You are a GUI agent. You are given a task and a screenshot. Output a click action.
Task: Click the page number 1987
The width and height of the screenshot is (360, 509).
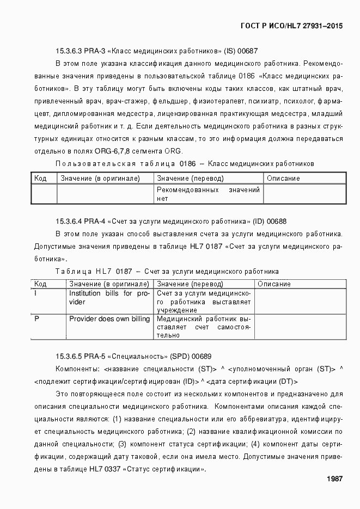334,479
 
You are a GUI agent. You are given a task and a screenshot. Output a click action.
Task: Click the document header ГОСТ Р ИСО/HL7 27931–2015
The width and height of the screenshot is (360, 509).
291,26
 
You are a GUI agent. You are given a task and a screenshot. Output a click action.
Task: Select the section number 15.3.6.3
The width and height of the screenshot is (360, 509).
69,51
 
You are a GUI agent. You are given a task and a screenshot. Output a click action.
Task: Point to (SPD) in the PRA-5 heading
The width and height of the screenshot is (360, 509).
181,356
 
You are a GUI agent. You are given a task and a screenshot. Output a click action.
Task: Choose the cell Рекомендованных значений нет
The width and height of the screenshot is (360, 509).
208,194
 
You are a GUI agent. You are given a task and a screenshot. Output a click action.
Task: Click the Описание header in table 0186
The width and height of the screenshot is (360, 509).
283,179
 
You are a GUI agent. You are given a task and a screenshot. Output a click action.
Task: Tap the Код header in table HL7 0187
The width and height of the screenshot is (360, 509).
40,284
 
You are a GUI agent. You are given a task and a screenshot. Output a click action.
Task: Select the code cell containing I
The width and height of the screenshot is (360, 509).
36,293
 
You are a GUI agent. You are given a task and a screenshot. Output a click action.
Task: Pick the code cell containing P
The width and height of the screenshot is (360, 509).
36,319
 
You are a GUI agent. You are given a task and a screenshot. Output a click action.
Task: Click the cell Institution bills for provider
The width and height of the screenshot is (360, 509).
109,298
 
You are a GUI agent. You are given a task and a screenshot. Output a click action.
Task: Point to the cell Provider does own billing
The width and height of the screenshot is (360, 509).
109,319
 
